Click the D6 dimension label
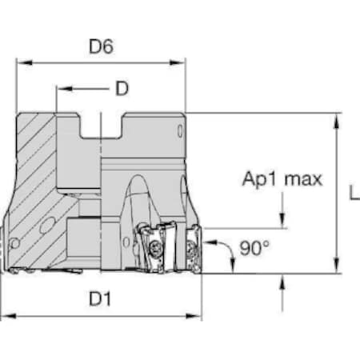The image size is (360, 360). click(100, 47)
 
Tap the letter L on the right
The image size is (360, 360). click(353, 193)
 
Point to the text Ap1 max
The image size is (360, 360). click(282, 178)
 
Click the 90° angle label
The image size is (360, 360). click(254, 249)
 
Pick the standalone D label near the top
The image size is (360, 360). click(122, 89)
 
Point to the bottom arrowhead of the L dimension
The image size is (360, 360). click(336, 269)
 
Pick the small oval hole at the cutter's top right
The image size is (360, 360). click(180, 131)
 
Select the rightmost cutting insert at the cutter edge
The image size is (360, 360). click(193, 250)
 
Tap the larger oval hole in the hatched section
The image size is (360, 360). click(48, 225)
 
